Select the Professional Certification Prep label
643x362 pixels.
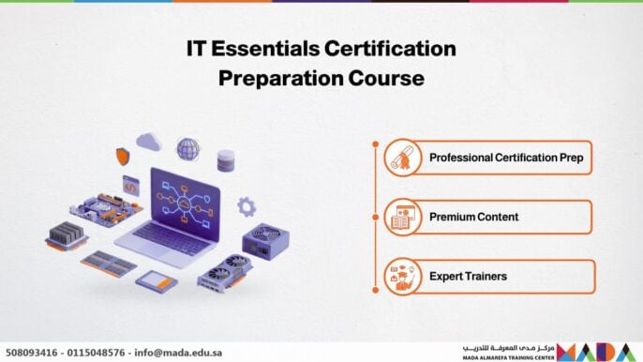click(506, 158)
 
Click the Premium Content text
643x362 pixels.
click(473, 217)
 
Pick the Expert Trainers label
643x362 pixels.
click(469, 276)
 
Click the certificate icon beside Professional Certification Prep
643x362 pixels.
click(401, 158)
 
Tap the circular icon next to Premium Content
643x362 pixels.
click(401, 217)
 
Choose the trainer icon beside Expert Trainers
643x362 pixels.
click(401, 276)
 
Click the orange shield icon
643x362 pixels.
click(122, 156)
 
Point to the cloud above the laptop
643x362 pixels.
click(148, 142)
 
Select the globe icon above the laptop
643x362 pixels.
click(188, 149)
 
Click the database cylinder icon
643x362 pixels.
click(226, 159)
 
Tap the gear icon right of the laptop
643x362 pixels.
click(247, 206)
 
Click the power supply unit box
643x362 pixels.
click(265, 240)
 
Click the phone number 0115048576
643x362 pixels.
click(96, 353)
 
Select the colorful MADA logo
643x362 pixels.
click(600, 352)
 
